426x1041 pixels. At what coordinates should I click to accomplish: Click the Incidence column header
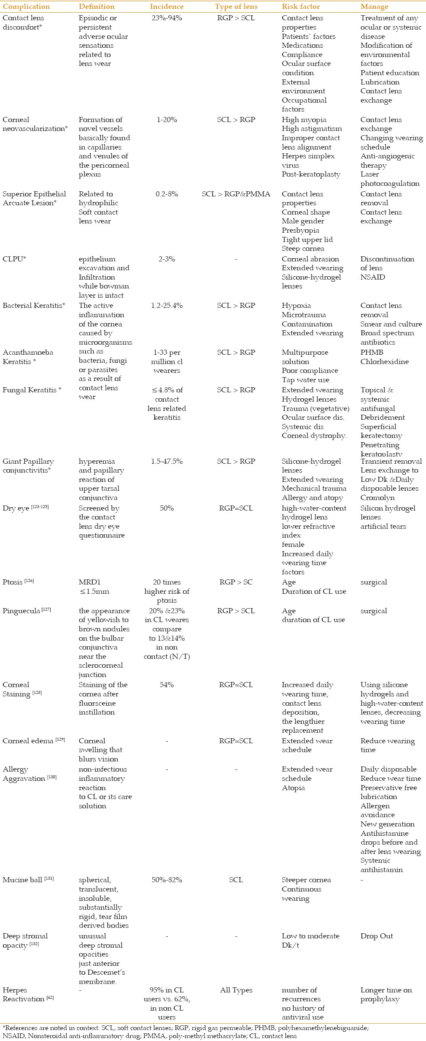167,7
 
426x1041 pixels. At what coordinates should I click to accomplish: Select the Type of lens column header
236,7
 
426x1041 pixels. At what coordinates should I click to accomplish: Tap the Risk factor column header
301,7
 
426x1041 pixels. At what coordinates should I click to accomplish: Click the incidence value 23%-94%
167,18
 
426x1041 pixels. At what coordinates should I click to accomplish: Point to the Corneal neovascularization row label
35,124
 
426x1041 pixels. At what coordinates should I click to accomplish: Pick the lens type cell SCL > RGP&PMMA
236,194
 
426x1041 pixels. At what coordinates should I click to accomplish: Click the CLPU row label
14,259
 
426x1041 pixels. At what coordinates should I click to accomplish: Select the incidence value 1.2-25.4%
167,305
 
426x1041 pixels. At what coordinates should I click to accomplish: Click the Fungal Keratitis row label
32,390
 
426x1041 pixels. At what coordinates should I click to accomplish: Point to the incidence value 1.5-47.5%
167,461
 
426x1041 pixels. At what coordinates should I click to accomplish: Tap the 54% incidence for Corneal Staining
167,685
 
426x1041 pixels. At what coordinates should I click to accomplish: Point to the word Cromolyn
377,497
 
